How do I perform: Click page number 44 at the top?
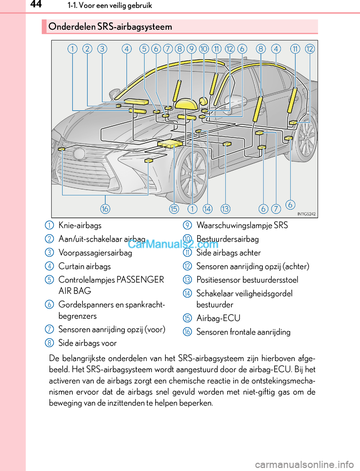36,5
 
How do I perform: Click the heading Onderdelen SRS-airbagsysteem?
110,27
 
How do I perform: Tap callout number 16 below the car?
105,209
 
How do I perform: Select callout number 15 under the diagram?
174,209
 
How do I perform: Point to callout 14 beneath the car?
207,209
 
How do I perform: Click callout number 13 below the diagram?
225,209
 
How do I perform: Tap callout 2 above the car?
87,49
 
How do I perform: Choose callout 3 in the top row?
102,49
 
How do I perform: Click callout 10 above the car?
204,49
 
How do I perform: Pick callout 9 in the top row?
192,49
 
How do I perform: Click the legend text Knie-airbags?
80,226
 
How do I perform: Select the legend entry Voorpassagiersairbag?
95,253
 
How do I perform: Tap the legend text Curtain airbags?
85,266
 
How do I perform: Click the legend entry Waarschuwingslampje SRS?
242,226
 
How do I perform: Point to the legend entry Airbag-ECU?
218,318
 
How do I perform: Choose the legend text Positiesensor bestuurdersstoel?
247,280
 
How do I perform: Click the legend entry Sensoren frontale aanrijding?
243,332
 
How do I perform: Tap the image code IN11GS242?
306,214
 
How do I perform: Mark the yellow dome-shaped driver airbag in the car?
186,104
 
